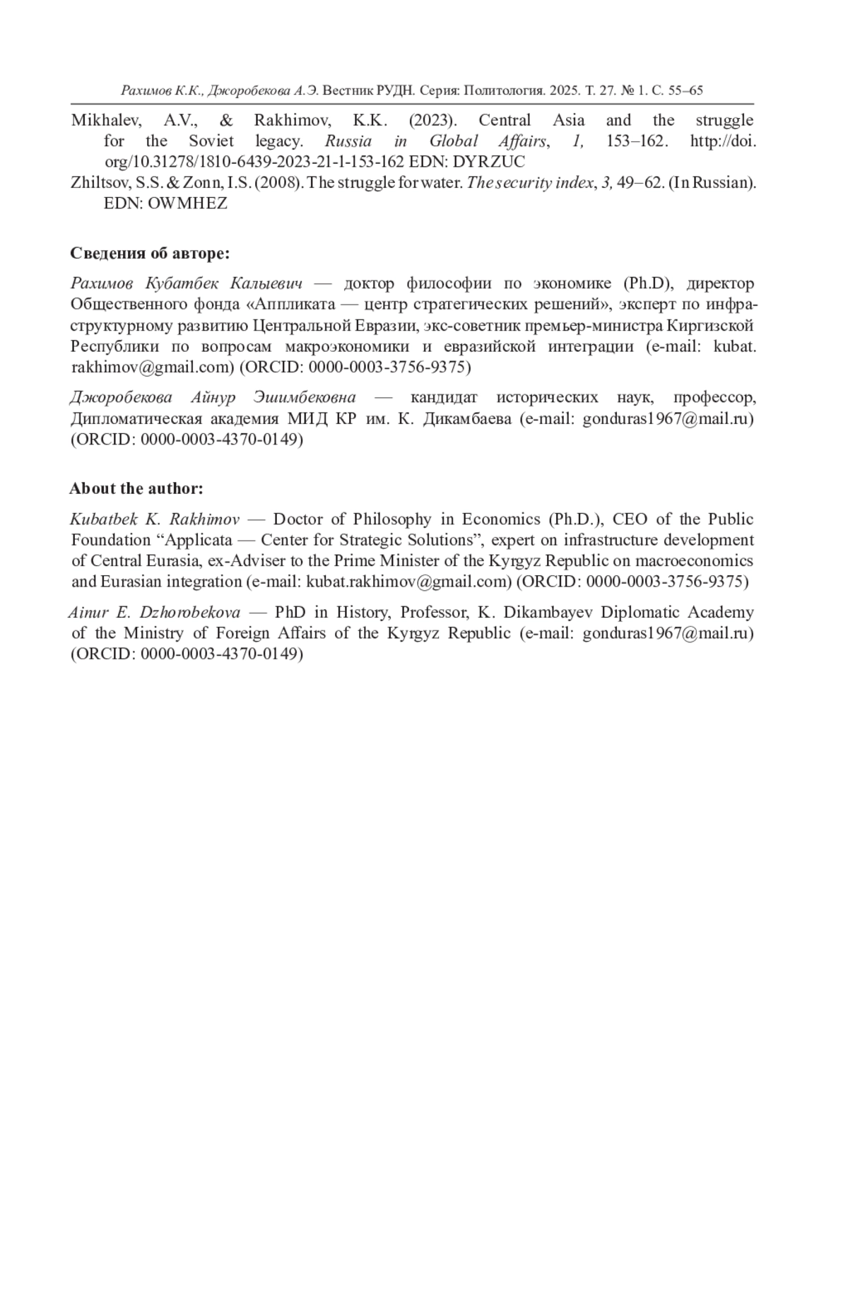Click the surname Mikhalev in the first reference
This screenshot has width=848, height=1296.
click(106, 120)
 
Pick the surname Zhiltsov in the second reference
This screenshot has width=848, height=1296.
click(100, 182)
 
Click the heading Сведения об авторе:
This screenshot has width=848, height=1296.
click(150, 253)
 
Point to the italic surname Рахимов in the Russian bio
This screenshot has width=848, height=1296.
click(102, 283)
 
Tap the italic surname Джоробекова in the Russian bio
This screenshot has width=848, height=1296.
click(121, 397)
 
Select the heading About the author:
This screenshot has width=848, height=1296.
click(136, 488)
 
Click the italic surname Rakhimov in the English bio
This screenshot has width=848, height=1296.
click(204, 519)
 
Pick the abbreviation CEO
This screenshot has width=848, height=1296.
click(630, 519)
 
